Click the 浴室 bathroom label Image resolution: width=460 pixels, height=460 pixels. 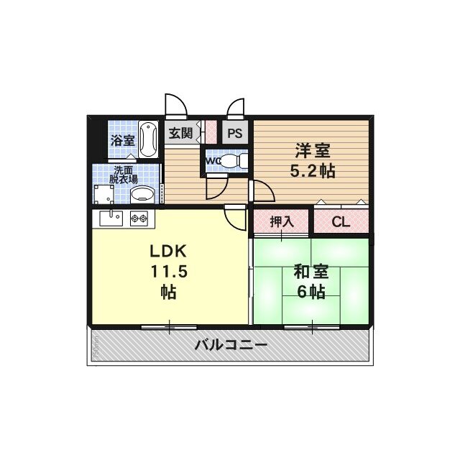(x=122, y=140)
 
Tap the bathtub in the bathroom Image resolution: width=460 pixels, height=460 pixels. (x=149, y=138)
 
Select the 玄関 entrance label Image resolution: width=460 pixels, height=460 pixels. (x=180, y=133)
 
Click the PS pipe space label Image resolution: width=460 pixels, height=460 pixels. (x=234, y=134)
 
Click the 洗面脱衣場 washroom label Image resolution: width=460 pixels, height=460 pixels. (x=124, y=175)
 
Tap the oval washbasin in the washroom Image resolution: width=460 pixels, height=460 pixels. (x=144, y=193)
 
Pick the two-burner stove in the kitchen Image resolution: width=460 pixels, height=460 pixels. (x=139, y=216)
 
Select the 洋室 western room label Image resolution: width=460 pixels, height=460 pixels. (x=312, y=152)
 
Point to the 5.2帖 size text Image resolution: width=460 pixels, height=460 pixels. (x=312, y=172)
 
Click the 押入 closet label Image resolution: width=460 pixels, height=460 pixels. (x=281, y=222)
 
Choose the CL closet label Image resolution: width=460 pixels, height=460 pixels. (x=340, y=222)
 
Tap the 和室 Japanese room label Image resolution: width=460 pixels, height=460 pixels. (x=311, y=272)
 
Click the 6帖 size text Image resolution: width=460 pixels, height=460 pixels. (x=311, y=292)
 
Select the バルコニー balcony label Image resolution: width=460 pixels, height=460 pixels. (x=231, y=345)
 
